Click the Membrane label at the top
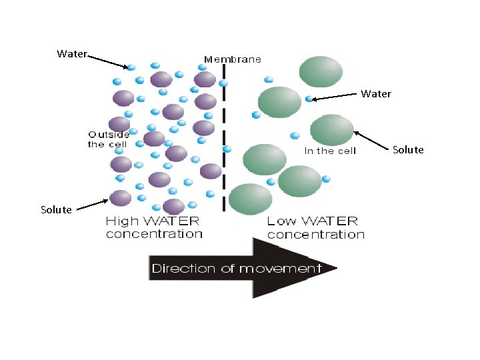[232, 59]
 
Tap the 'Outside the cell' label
[109, 139]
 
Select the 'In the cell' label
[330, 151]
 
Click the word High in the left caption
[121, 221]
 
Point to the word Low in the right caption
[280, 221]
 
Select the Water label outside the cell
[71, 53]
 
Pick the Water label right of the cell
[376, 93]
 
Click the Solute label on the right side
[408, 149]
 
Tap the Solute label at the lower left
[56, 209]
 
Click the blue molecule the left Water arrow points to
[131, 67]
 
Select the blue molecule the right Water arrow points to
[309, 99]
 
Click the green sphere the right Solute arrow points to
[331, 130]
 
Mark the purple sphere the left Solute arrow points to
[121, 198]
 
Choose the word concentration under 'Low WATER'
[316, 235]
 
